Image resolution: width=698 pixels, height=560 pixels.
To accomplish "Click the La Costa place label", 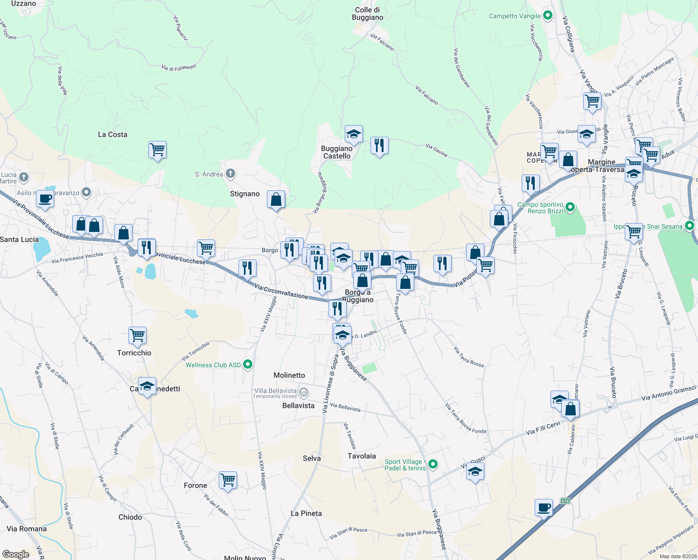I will [x=112, y=134].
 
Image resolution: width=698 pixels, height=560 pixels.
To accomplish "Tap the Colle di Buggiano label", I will [x=368, y=14].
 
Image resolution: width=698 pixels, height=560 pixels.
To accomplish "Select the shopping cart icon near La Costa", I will [x=158, y=150].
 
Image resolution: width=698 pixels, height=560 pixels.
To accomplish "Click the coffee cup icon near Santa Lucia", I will [x=45, y=199].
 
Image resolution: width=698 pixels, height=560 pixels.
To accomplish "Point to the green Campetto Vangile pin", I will [x=548, y=15].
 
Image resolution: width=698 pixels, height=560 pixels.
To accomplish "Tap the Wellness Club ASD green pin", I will [x=248, y=364].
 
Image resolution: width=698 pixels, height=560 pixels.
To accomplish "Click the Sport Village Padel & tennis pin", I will [x=433, y=464].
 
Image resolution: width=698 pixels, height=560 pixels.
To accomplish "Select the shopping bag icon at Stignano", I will [x=276, y=199].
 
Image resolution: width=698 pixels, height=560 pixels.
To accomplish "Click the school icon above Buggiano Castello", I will [x=354, y=134].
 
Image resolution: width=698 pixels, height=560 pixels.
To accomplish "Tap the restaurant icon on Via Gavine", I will [x=379, y=146].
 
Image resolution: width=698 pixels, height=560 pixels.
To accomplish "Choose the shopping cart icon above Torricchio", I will [x=137, y=335].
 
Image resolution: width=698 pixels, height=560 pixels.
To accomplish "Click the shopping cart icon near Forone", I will [x=228, y=479].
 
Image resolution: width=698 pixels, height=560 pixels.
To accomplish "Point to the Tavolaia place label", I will [x=362, y=456].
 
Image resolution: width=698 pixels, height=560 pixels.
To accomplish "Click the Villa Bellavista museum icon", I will [x=304, y=392].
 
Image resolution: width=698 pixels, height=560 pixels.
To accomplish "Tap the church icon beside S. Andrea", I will [x=230, y=174].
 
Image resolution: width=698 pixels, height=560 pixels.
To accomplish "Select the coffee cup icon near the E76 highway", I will [x=544, y=507].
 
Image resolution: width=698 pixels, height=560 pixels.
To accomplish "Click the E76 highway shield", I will [x=565, y=501].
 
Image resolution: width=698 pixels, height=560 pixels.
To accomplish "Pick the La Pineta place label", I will [x=306, y=513].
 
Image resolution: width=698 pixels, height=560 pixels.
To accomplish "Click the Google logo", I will [x=16, y=554].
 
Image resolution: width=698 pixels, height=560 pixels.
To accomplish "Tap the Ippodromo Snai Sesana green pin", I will [x=691, y=226].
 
